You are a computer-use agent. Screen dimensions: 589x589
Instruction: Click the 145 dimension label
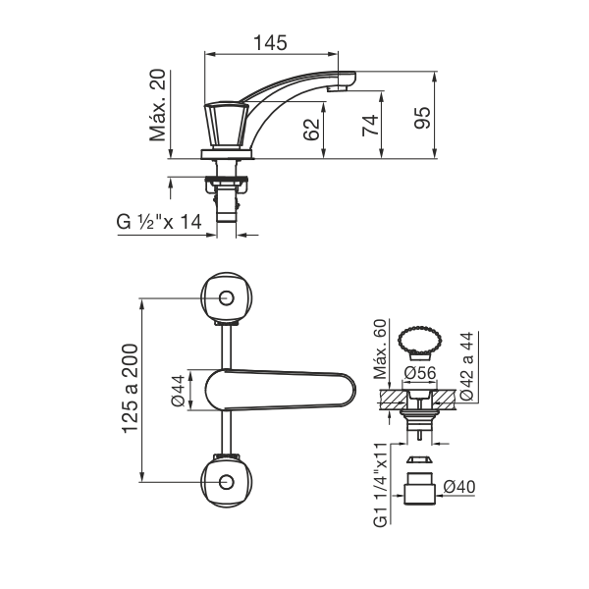point(271,42)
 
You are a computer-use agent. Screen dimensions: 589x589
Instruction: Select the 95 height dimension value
point(422,118)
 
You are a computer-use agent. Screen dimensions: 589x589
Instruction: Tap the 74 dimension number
point(370,126)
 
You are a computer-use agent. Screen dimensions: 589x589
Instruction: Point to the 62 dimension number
point(311,130)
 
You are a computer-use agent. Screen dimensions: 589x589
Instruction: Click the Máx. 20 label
point(157,105)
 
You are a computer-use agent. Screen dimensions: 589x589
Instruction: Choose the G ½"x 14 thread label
point(159,222)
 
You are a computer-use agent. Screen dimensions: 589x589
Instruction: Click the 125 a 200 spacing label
point(131,389)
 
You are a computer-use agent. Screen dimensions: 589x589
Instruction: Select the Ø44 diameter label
point(178,391)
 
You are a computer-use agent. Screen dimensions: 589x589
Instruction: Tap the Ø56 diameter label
point(420,373)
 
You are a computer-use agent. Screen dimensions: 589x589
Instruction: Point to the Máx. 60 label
point(380,348)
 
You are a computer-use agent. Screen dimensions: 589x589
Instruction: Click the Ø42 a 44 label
point(467,365)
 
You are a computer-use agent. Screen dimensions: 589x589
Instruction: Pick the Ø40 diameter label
point(459,487)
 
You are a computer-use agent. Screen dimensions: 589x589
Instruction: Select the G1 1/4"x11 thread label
point(380,485)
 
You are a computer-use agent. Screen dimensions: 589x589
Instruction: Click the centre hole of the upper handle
point(227,297)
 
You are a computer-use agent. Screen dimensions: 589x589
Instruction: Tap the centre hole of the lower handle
point(227,482)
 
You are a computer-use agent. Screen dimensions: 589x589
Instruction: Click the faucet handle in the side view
point(226,125)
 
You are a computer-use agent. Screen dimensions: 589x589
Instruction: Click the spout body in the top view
point(280,390)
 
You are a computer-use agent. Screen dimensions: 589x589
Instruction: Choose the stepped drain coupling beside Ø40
point(419,488)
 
